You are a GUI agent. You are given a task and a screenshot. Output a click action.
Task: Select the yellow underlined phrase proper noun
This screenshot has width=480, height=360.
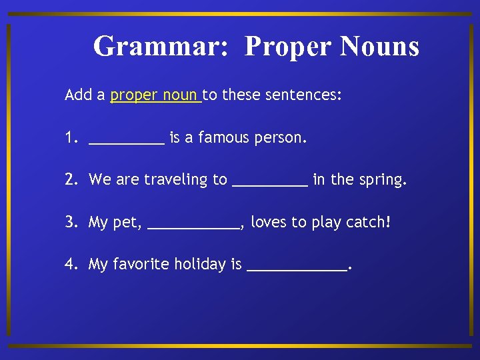(155, 95)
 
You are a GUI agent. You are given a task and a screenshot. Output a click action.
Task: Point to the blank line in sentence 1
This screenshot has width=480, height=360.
(126, 142)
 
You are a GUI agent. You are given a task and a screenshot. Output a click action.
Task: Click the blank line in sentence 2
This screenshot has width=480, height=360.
(270, 184)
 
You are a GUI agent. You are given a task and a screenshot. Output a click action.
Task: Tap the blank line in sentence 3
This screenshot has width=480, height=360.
(193, 227)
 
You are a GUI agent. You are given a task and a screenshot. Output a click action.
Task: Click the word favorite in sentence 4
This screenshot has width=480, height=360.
(141, 265)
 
